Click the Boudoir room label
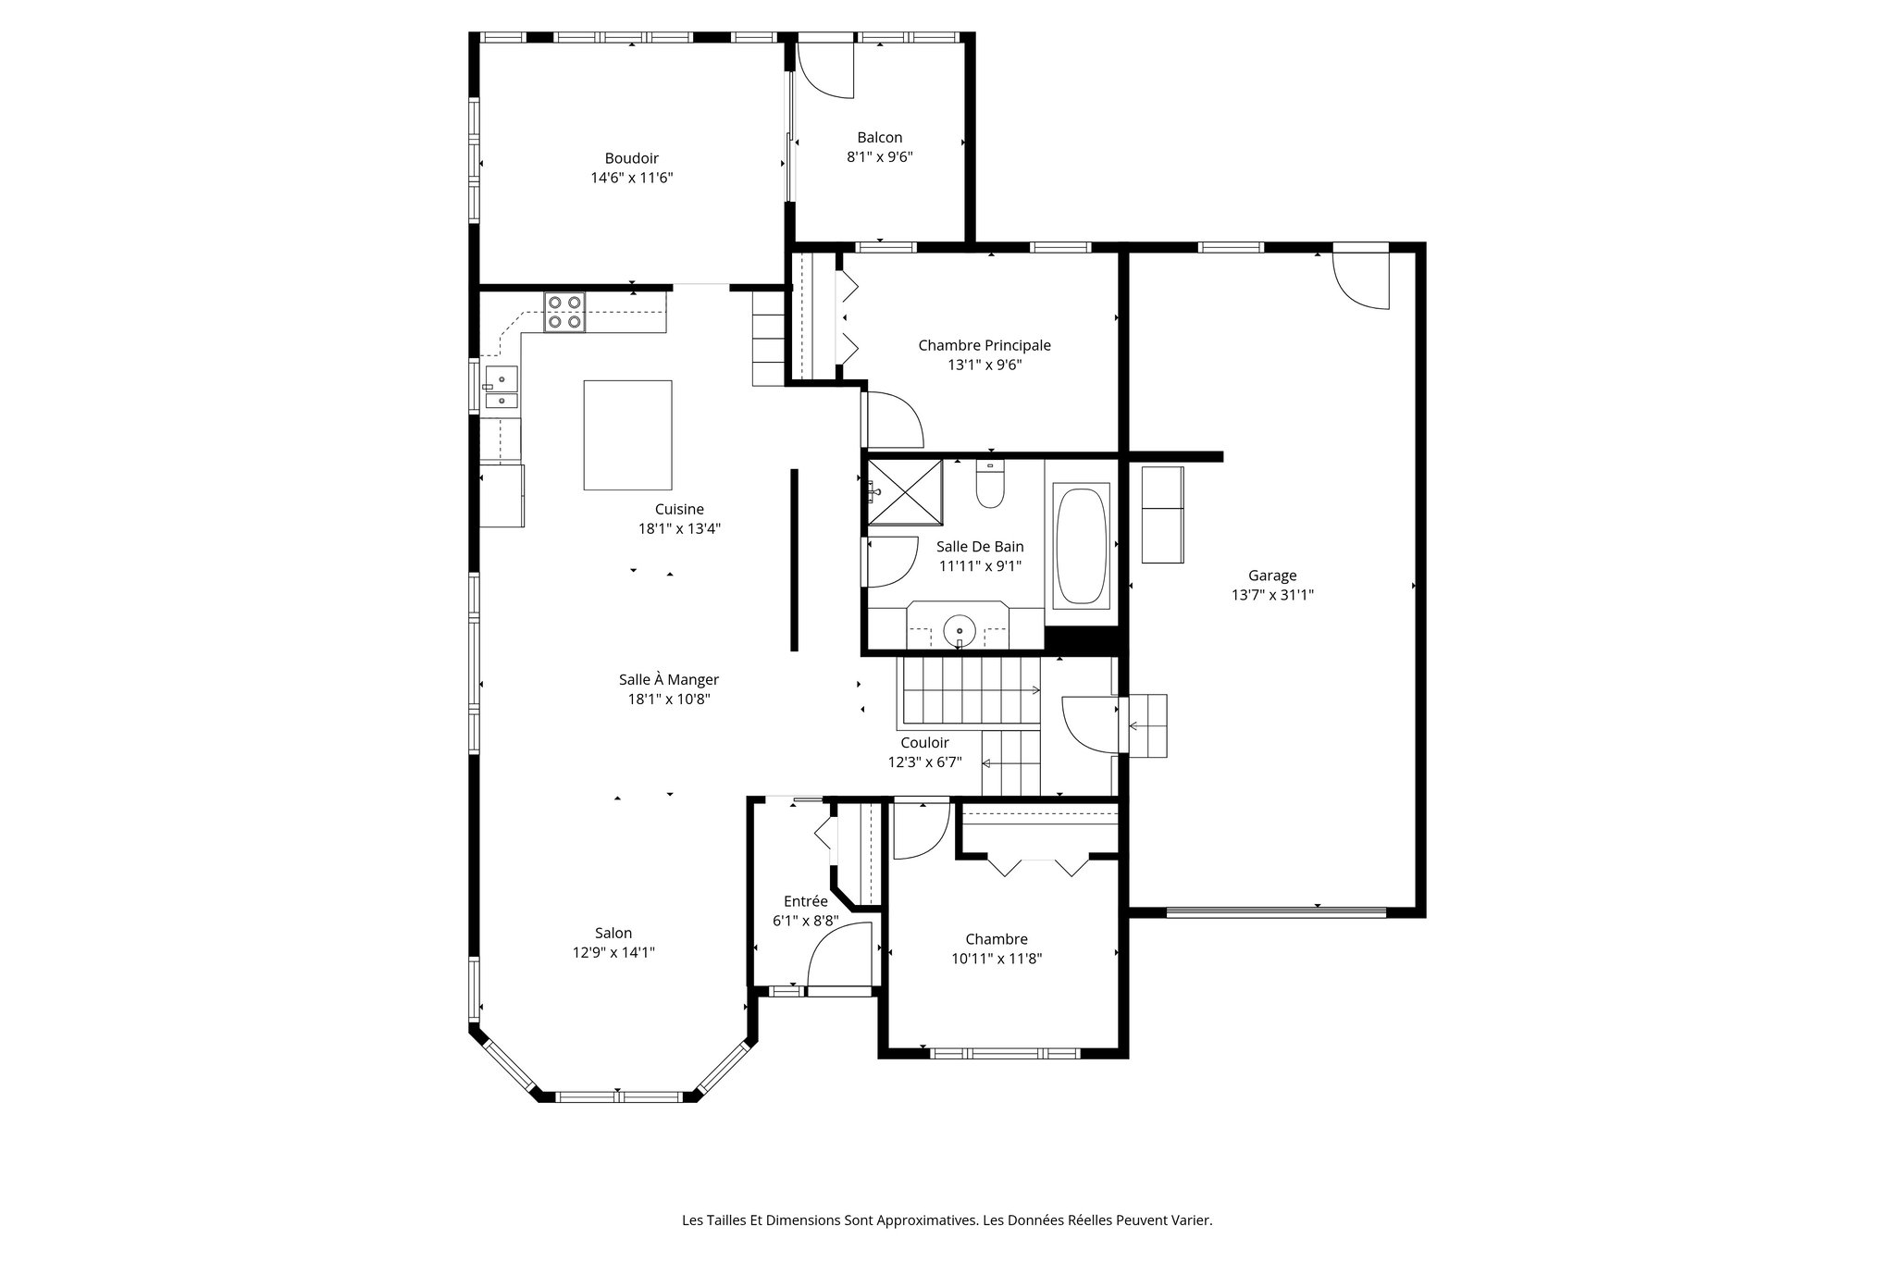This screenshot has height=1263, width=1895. (631, 158)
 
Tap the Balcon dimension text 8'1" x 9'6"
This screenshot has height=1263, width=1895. (879, 157)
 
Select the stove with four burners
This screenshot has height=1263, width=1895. (564, 312)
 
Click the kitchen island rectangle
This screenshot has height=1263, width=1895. (627, 435)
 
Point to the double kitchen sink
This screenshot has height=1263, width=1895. (501, 389)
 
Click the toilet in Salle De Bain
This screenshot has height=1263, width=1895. (990, 485)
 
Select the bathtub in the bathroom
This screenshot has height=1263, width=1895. (1081, 546)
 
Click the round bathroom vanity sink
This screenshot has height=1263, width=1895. (960, 633)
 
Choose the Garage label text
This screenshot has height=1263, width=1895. (1272, 576)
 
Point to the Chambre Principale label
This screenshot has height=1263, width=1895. (984, 345)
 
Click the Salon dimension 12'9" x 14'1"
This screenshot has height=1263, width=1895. (613, 952)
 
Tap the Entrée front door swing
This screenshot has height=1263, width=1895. (838, 958)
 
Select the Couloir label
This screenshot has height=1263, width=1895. (924, 742)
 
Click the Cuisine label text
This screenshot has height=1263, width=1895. (679, 509)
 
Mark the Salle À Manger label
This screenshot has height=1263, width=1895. (668, 679)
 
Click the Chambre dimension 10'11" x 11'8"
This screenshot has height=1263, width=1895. (997, 959)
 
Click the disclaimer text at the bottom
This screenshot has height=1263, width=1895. (947, 1220)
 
